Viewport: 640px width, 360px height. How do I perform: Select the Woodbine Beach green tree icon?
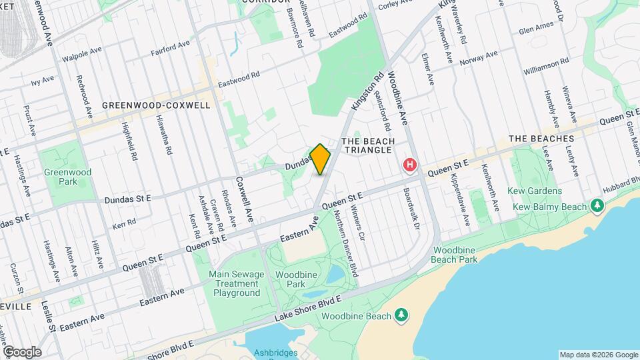(x=401, y=313)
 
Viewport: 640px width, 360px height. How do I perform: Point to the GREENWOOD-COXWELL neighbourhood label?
(x=156, y=105)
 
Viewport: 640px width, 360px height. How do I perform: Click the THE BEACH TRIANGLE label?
(x=368, y=145)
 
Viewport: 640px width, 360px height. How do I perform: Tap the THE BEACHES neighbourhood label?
(x=541, y=139)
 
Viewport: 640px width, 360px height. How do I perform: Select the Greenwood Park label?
(x=58, y=176)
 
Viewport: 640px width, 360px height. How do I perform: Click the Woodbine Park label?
(x=291, y=279)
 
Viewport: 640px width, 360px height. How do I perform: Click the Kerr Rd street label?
(x=123, y=221)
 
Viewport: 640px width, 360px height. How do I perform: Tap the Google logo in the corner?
(x=22, y=351)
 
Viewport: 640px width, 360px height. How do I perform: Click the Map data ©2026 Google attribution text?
(x=598, y=355)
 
